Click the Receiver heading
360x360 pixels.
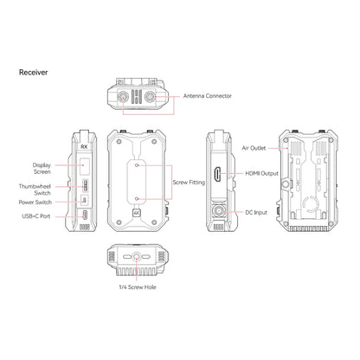[x=33, y=73]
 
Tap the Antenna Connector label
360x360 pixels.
[x=208, y=96]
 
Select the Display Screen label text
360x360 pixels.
[x=42, y=169]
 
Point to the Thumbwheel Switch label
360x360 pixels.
[x=35, y=190]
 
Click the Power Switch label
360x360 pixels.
[x=35, y=202]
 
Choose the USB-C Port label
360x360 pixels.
[x=36, y=216]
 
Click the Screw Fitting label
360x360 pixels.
[x=189, y=183]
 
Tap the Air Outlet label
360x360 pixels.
[x=254, y=148]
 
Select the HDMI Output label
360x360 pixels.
[x=261, y=173]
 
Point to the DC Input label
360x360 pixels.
[x=256, y=213]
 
